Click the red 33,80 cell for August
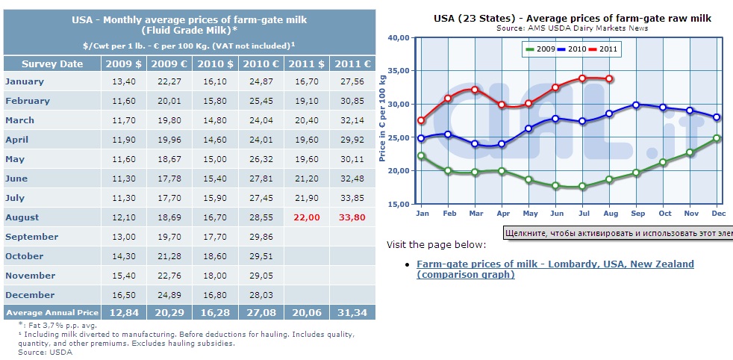(x=352, y=217)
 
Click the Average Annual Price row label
(x=52, y=313)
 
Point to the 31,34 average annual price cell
(x=352, y=313)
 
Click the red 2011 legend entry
(x=605, y=49)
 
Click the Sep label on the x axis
(x=637, y=214)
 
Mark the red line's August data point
(x=608, y=79)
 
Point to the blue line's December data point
(x=717, y=117)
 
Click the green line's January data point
(x=421, y=155)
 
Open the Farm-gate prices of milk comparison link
(x=555, y=270)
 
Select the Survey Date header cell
(x=52, y=64)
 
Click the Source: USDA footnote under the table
(x=46, y=352)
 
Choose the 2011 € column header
(x=352, y=64)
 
